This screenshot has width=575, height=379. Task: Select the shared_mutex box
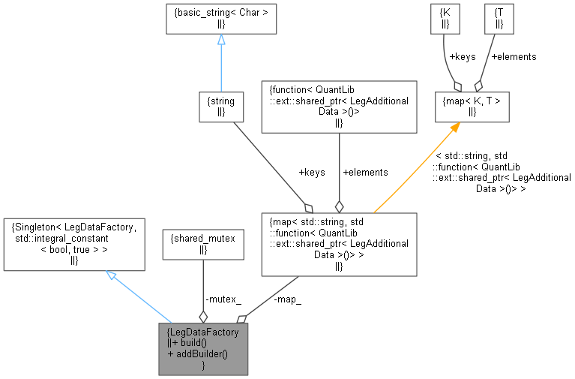click(203, 244)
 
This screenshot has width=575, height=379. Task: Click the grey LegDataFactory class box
click(203, 349)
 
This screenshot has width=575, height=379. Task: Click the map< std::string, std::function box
click(338, 244)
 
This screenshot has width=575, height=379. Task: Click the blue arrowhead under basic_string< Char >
click(221, 39)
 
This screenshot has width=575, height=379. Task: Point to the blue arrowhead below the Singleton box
click(111, 276)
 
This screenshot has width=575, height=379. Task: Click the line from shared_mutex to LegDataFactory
click(203, 289)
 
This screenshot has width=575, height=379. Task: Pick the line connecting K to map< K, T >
click(448, 60)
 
